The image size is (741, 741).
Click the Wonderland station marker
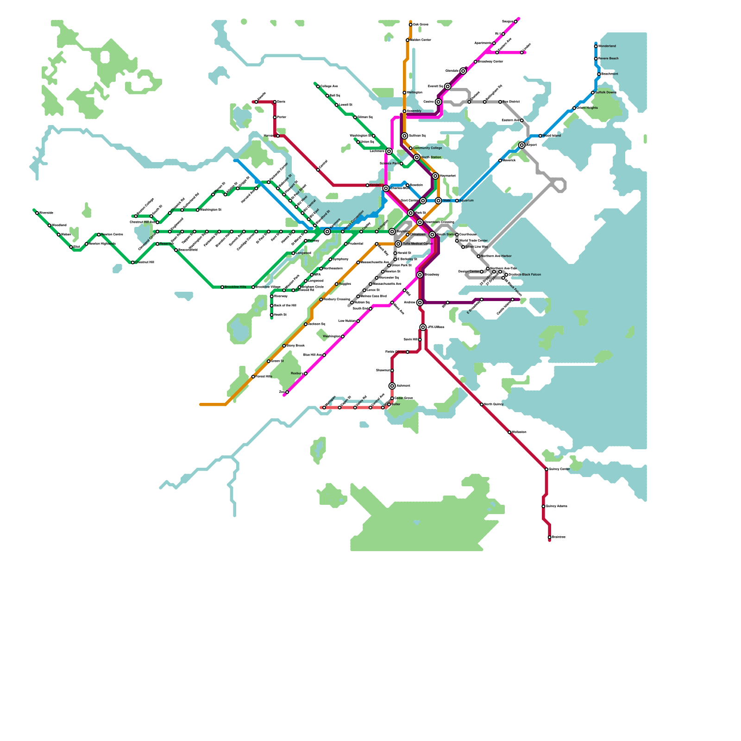(596, 46)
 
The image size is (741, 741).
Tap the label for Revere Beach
(609, 59)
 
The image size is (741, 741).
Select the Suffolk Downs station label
(606, 93)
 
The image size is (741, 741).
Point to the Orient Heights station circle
(574, 108)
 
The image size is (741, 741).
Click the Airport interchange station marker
(522, 145)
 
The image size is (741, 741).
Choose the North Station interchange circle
(417, 157)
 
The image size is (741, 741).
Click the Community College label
(427, 148)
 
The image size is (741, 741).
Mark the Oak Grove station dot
(411, 25)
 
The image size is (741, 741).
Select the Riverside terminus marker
(37, 213)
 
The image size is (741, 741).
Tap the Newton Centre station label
(112, 235)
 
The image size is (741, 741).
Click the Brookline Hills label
(235, 287)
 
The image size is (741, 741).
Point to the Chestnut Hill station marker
(133, 263)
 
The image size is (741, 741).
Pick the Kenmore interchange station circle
(327, 232)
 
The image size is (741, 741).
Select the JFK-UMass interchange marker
(423, 327)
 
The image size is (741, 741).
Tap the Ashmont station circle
(392, 386)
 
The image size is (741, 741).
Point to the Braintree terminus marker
(550, 537)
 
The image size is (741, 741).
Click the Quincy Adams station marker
(543, 506)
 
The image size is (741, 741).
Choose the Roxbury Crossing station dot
(321, 300)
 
